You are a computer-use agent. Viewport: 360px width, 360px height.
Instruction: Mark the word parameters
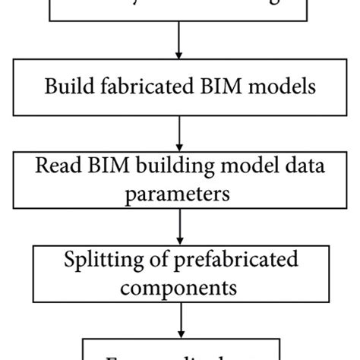(x=179, y=193)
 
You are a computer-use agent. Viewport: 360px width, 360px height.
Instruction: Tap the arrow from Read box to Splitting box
(x=179, y=224)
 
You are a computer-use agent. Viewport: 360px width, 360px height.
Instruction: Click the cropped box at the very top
(x=179, y=11)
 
